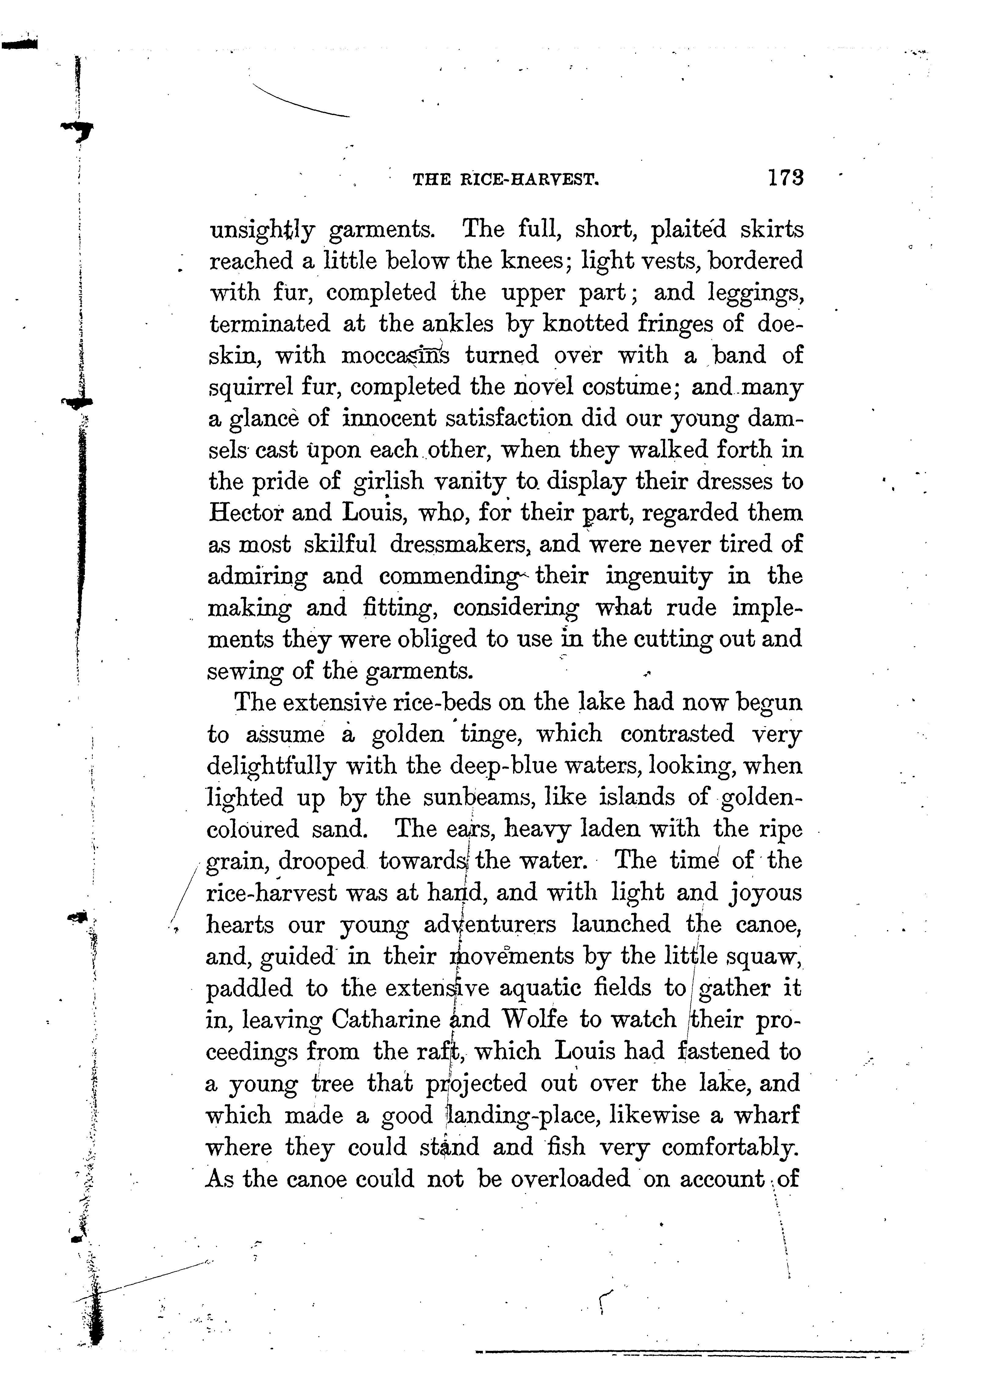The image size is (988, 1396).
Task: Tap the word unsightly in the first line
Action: coord(262,230)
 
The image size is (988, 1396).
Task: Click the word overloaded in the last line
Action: coord(570,1178)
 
